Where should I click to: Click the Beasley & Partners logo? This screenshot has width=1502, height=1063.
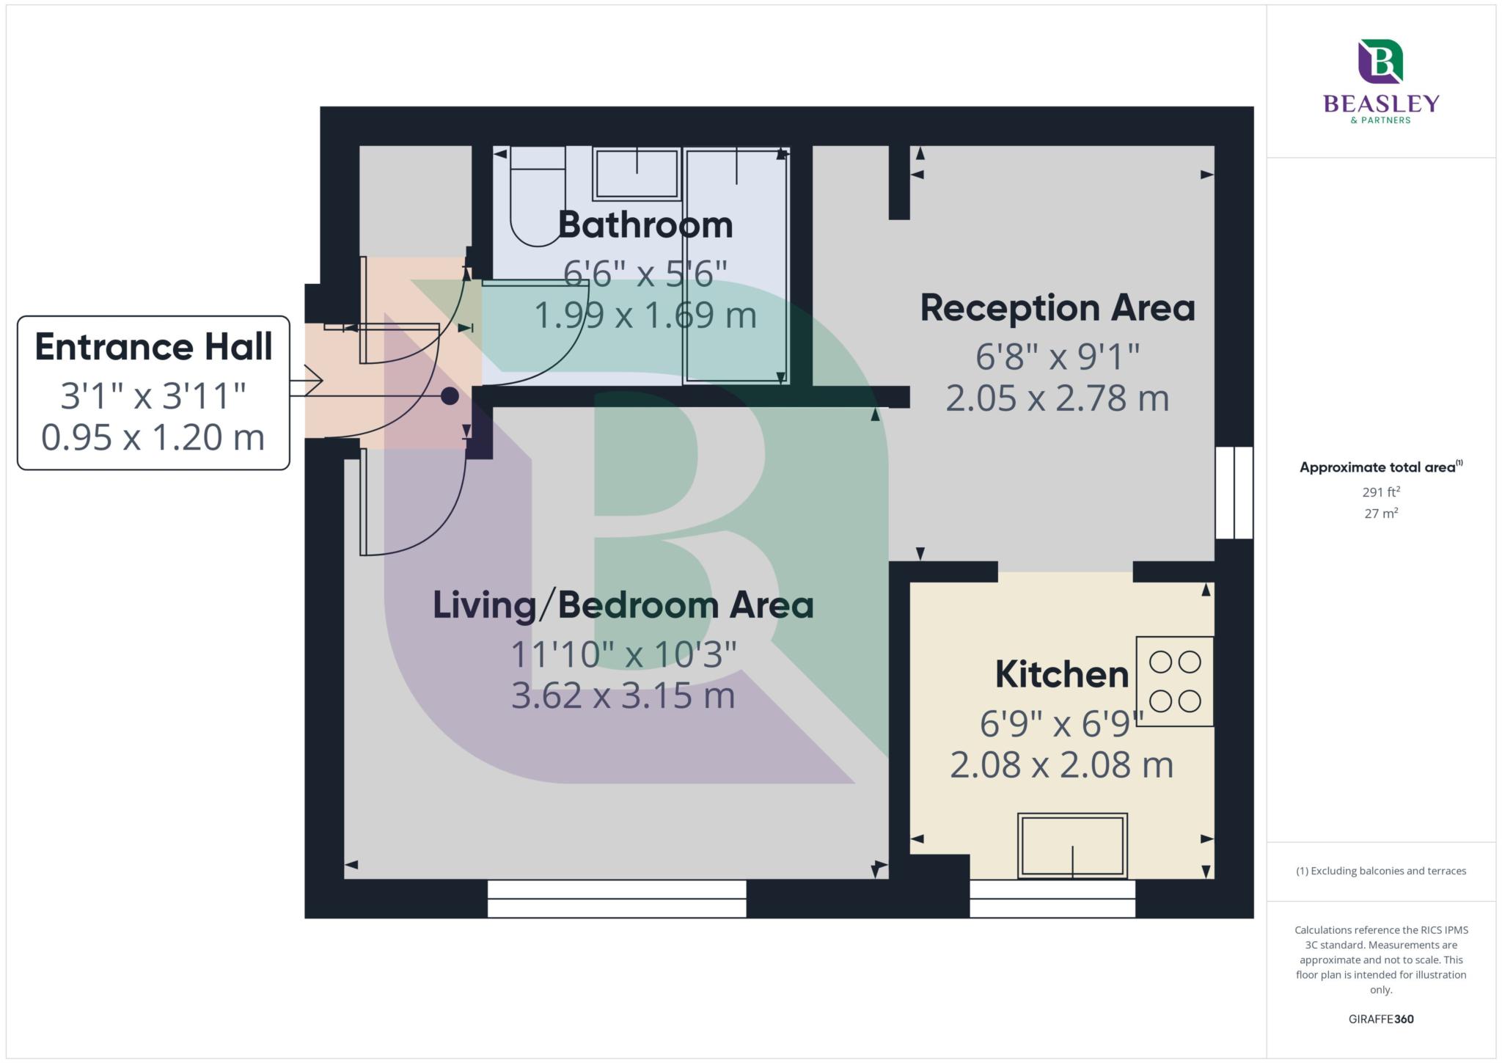pyautogui.click(x=1381, y=81)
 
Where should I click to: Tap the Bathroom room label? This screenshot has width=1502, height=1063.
pyautogui.click(x=645, y=224)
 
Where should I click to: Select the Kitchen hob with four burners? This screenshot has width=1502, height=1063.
pyautogui.click(x=1174, y=682)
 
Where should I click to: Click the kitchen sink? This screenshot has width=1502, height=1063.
pyautogui.click(x=1072, y=846)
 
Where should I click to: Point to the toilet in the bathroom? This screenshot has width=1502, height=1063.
pyautogui.click(x=538, y=196)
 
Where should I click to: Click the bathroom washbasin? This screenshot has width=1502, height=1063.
pyautogui.click(x=636, y=173)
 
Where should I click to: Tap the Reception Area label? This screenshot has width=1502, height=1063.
pyautogui.click(x=1057, y=307)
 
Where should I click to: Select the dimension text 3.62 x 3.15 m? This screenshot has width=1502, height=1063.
pyautogui.click(x=623, y=695)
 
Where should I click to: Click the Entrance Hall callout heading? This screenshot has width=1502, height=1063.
pyautogui.click(x=153, y=347)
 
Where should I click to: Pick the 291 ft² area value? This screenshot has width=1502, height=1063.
pyautogui.click(x=1381, y=492)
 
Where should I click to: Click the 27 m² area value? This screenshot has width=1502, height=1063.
pyautogui.click(x=1381, y=514)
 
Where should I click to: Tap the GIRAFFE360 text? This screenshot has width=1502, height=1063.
pyautogui.click(x=1381, y=1019)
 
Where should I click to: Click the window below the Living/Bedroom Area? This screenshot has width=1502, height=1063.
pyautogui.click(x=617, y=899)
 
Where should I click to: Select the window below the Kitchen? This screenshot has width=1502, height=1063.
pyautogui.click(x=1052, y=899)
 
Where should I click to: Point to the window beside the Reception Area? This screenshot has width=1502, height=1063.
pyautogui.click(x=1234, y=493)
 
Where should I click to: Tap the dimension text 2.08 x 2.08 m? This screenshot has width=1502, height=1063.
pyautogui.click(x=1061, y=765)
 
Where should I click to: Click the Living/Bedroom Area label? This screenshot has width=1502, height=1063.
pyautogui.click(x=623, y=605)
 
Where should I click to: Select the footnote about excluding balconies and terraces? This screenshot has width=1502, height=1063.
pyautogui.click(x=1381, y=871)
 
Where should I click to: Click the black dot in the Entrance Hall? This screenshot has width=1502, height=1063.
pyautogui.click(x=450, y=396)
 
